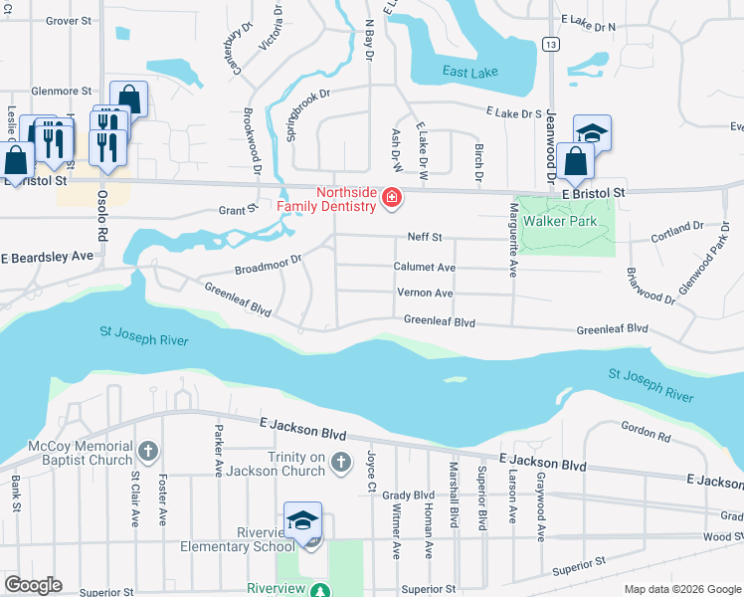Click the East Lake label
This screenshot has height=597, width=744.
point(471,71)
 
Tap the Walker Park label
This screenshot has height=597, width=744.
point(563,221)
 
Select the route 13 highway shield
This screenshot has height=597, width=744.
point(549,43)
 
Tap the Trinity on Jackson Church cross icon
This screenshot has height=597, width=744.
point(341,463)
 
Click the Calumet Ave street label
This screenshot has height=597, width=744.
point(425,268)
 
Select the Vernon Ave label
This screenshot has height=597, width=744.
point(426,294)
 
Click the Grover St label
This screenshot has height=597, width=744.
point(69,20)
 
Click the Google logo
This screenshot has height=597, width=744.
point(33,585)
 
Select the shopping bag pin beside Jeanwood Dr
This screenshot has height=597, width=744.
point(576,161)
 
